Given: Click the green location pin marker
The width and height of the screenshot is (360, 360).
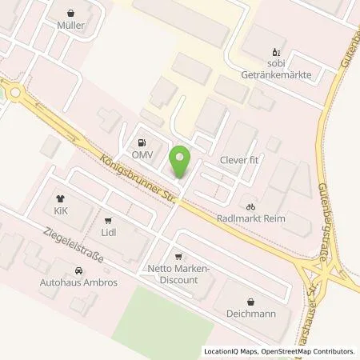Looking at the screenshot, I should coord(182,162).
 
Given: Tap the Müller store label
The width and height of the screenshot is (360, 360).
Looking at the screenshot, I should coord(71,25).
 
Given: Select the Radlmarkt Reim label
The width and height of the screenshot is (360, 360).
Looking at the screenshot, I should coord(250,218).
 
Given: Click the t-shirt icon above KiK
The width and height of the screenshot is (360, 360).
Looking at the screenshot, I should coord(60,197).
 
